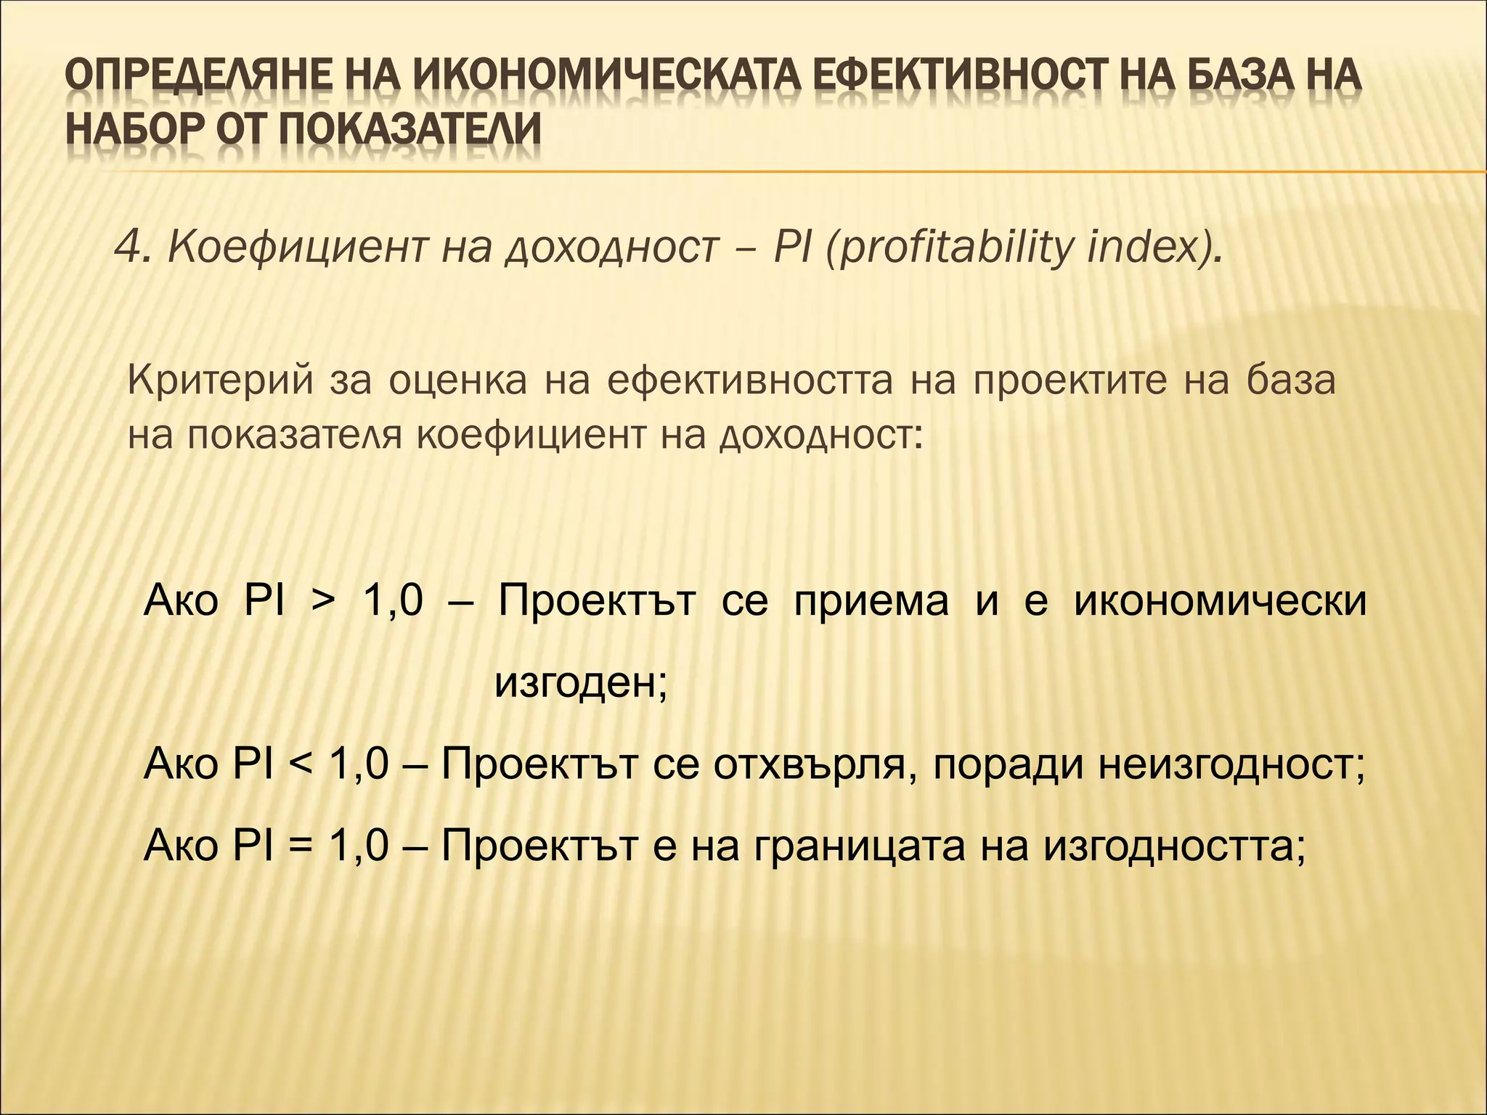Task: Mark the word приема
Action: (871, 602)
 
